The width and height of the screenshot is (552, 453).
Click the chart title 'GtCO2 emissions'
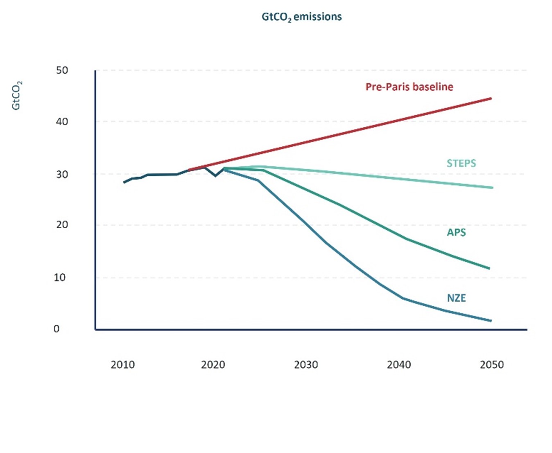tap(301, 17)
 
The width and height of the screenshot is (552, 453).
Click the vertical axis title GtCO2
tap(16, 96)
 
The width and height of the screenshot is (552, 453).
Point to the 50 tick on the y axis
tap(62, 70)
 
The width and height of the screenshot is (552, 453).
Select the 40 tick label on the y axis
tap(62, 121)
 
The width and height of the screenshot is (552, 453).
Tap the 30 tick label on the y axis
tap(62, 174)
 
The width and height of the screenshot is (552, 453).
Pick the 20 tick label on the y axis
tap(62, 224)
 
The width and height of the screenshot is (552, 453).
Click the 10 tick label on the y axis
tap(59, 278)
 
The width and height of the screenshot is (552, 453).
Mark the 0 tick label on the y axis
tap(57, 329)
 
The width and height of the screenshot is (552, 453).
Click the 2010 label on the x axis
tap(122, 365)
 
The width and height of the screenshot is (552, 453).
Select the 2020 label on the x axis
tap(213, 365)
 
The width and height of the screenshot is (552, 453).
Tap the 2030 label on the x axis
tap(306, 365)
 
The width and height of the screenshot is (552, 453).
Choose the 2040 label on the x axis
tap(399, 365)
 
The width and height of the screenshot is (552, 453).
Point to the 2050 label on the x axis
tap(492, 365)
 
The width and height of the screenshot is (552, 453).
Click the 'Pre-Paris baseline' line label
tap(409, 87)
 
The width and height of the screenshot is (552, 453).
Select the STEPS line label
tap(461, 163)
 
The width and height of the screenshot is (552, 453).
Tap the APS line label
tap(456, 232)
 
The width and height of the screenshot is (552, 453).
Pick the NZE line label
tap(456, 298)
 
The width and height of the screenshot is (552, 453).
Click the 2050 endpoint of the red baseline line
tap(491, 99)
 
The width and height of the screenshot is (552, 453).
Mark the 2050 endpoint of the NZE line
tap(491, 321)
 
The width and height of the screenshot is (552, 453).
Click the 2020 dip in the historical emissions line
tap(215, 176)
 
